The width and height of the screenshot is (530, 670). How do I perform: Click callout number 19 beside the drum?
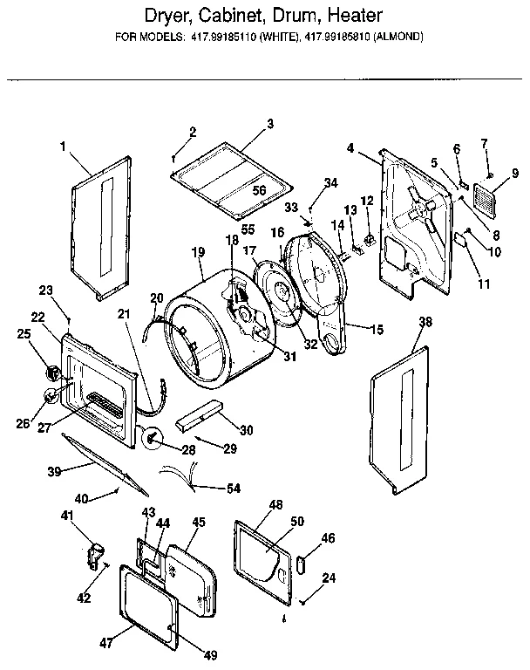click(197, 251)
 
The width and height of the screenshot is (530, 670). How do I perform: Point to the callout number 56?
click(259, 190)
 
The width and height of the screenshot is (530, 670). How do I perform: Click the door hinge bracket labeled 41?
click(96, 551)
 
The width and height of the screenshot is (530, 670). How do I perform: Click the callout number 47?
click(106, 644)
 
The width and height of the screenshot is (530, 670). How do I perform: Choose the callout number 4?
click(350, 148)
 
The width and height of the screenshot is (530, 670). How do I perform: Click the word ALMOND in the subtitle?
click(401, 38)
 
